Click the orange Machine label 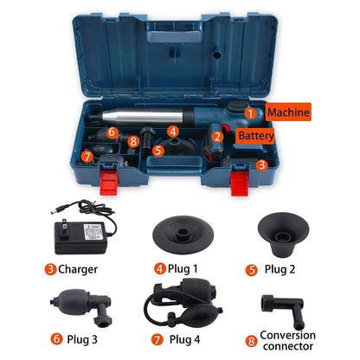click(x=286, y=112)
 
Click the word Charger click(x=78, y=268)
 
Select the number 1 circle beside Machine click(x=250, y=112)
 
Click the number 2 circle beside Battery click(x=219, y=135)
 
